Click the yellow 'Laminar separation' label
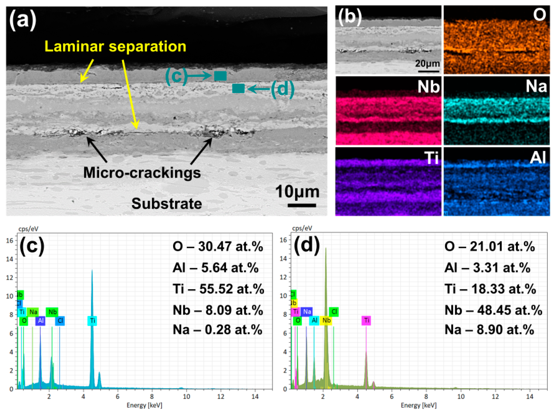pos(115,47)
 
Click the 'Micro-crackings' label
pos(142,173)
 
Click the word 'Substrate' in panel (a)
pos(167,204)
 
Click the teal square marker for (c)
pos(220,76)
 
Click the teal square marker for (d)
pos(238,89)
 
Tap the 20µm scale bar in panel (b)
pos(427,71)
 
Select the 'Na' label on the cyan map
pos(536,86)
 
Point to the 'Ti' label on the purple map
pos(431,158)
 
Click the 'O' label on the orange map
pos(539,15)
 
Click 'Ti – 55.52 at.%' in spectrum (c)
pos(218,289)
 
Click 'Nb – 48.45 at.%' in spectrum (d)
pos(493,310)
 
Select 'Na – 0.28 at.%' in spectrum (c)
pos(217,330)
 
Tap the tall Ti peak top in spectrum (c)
pos(92,270)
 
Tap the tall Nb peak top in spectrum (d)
pos(326,248)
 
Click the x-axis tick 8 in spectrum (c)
pos(152,397)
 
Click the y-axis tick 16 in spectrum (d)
pos(283,240)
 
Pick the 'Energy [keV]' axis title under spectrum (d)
pos(418,405)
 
